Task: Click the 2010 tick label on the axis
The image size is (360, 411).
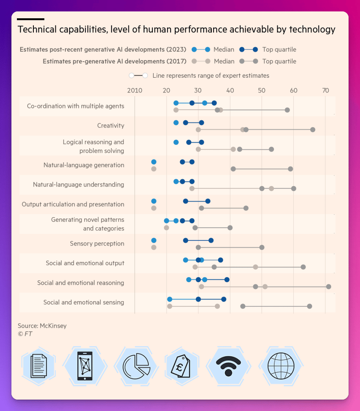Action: [134, 91]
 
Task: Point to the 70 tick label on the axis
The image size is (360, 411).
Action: [325, 91]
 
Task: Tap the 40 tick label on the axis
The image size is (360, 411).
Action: [230, 91]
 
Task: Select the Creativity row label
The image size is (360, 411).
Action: [111, 126]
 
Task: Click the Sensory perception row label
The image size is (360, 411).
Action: [97, 244]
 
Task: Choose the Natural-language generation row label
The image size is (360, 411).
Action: [84, 165]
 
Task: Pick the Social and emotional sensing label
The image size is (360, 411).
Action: [84, 303]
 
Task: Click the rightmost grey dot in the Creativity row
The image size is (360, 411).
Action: [312, 130]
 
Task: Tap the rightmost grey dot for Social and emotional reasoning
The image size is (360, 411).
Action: [328, 287]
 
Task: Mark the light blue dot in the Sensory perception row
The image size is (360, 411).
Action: [154, 240]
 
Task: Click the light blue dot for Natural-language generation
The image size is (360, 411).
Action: [154, 162]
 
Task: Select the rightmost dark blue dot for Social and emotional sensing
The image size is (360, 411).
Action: [223, 299]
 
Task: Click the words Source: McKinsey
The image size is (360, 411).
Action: [42, 326]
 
